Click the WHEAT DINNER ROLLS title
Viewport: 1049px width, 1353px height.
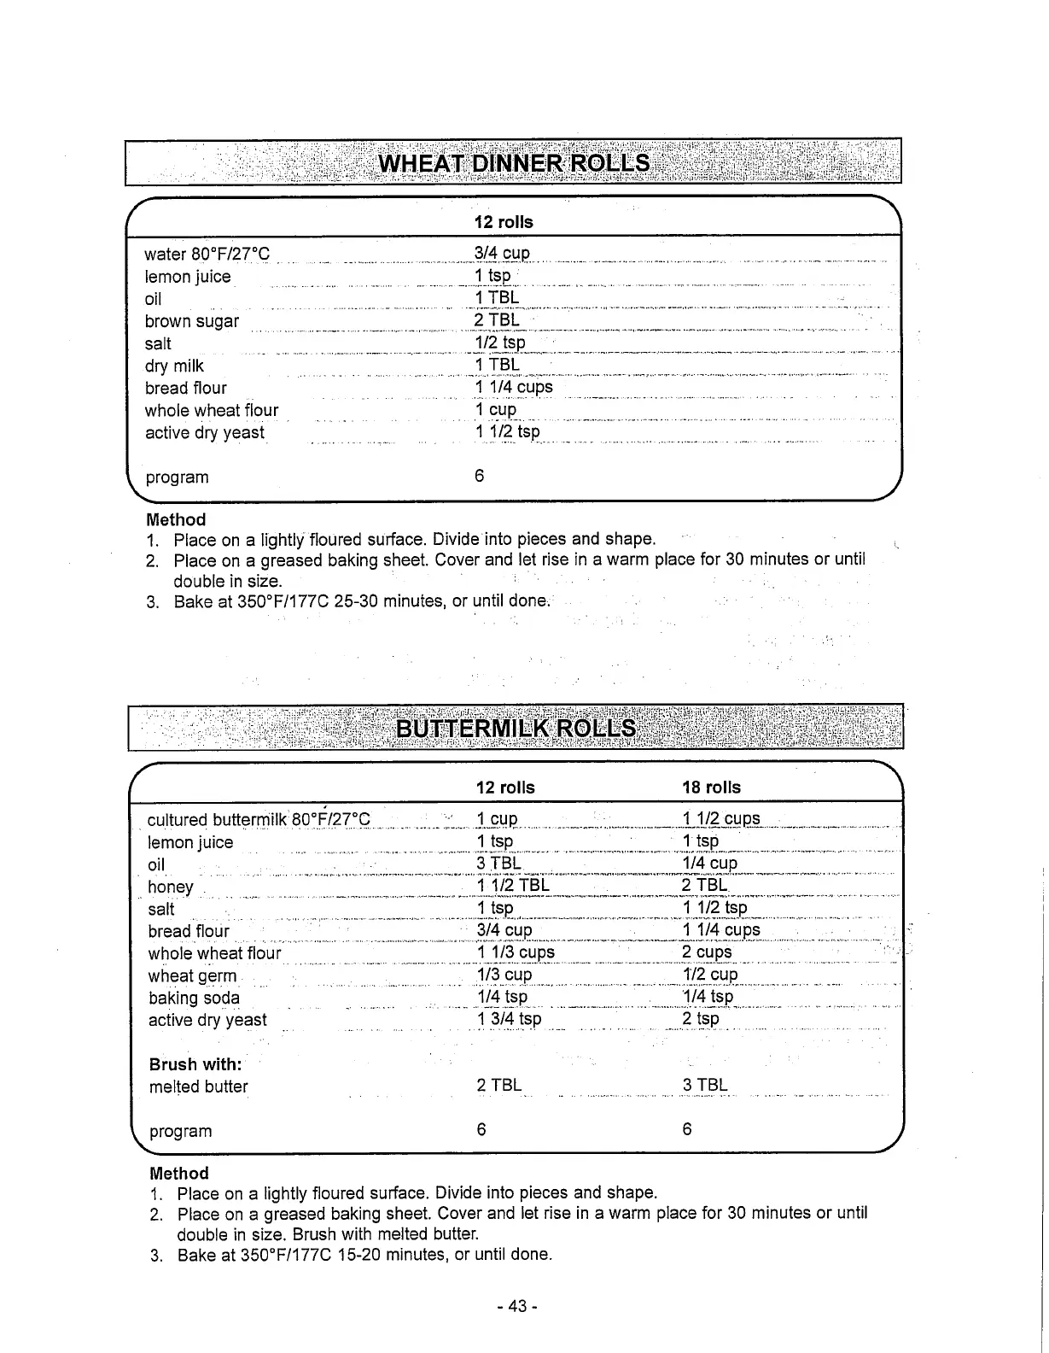(514, 162)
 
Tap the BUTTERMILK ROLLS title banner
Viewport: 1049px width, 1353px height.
(516, 729)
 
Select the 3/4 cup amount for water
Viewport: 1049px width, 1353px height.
(502, 254)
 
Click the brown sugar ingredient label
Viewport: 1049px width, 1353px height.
(192, 322)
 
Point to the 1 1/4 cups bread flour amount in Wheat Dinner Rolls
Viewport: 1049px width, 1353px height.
(514, 387)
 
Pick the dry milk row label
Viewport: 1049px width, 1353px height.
(174, 366)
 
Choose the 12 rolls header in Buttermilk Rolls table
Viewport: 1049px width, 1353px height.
(505, 788)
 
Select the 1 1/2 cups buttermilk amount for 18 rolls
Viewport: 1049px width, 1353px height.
(720, 818)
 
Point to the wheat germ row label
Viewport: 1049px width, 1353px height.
(192, 975)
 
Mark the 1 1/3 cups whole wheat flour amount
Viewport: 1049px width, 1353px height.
(516, 952)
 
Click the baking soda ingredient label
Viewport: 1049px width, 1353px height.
(194, 998)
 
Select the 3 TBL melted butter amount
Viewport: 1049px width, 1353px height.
(705, 1086)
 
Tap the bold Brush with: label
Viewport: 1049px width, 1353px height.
(195, 1064)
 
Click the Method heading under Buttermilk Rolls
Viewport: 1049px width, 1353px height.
(179, 1174)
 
